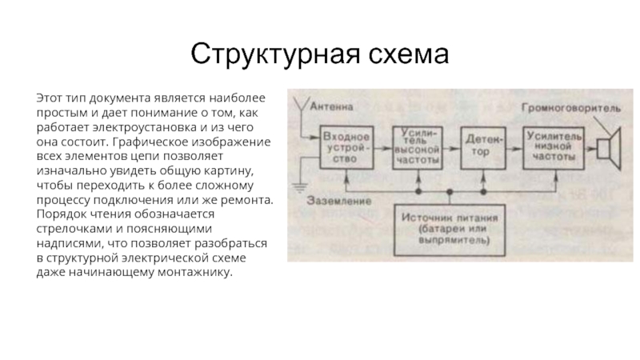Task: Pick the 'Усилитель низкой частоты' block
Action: point(553,147)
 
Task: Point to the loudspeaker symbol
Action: point(611,147)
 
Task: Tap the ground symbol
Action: point(298,189)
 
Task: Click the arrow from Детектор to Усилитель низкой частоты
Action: point(514,148)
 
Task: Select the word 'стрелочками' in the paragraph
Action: point(70,229)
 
